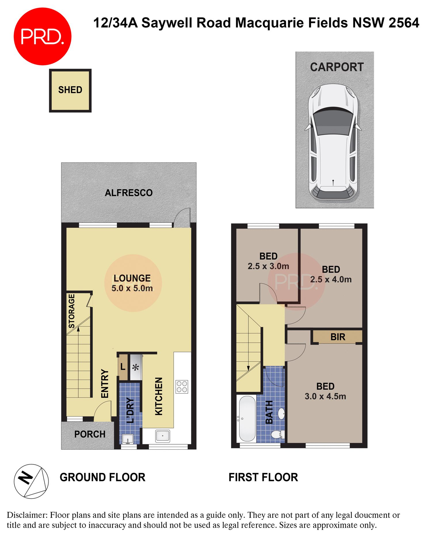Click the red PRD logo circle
point(43,37)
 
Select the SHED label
point(70,90)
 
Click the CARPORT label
point(337,67)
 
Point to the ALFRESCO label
point(129,193)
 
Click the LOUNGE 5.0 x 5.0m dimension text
point(132,288)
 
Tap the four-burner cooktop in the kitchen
point(182,387)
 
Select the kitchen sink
point(163,436)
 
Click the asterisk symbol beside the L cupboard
point(136,368)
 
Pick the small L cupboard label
point(123,367)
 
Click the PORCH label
point(90,434)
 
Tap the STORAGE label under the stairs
point(72,311)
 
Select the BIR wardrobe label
point(338,337)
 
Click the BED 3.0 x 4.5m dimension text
point(325,396)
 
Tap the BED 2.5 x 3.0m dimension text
point(268,266)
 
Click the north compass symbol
point(31,481)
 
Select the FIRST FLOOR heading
point(263,477)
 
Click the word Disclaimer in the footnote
point(27,515)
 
